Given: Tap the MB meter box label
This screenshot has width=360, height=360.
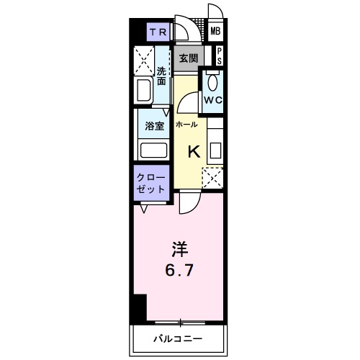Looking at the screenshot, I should point(215,32).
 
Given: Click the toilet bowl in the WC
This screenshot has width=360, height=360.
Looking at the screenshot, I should point(212,81).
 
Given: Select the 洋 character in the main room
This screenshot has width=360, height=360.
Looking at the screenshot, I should point(179,250).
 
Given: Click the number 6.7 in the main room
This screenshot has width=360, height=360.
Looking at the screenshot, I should point(179,272).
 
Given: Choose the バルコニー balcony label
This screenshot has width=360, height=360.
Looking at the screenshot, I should point(177,338).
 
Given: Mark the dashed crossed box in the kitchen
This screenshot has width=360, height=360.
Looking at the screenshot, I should point(212,177).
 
